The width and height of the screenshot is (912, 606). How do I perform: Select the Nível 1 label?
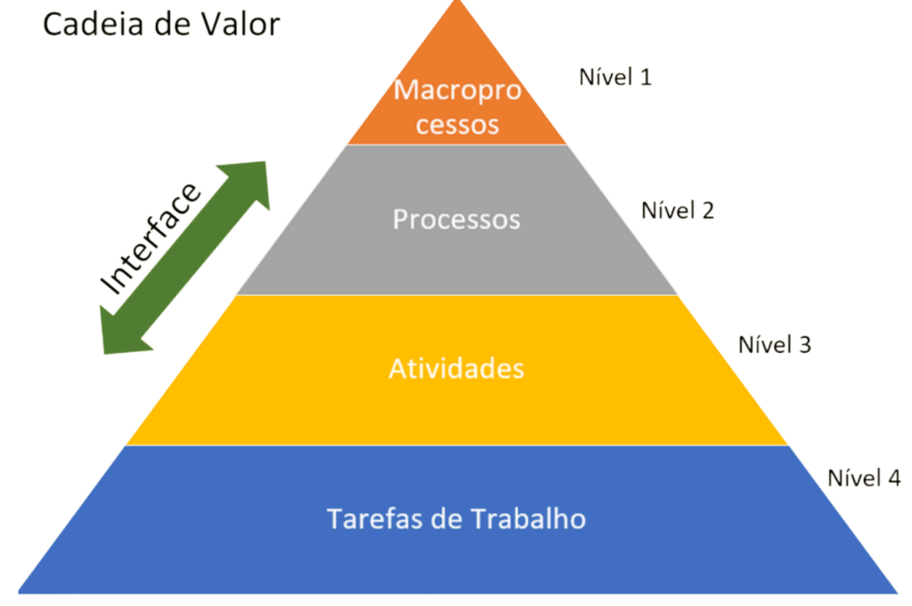pos(615,78)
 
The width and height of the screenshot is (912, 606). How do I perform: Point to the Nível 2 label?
pos(678,211)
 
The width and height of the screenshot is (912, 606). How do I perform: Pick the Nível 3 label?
pos(774,345)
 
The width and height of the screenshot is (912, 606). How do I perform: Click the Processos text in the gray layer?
pos(456,219)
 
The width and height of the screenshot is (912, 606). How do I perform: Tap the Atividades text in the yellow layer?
pos(456,368)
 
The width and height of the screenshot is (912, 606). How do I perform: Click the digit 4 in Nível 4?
pos(893,479)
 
